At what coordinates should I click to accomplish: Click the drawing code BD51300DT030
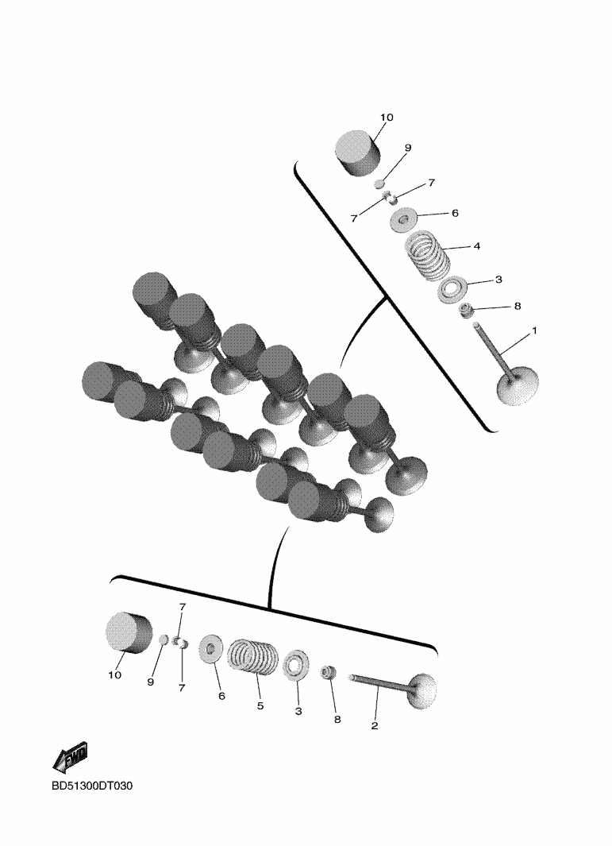coord(92,786)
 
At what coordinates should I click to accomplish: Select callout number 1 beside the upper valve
coord(534,330)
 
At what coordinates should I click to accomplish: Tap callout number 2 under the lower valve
coord(375,726)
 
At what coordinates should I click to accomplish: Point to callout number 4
coord(476,246)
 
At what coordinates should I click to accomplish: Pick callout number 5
coord(260,705)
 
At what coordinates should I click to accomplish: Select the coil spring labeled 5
coord(253,657)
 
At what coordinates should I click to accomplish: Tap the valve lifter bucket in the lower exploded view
coord(128,634)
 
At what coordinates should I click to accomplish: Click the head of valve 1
coord(517,385)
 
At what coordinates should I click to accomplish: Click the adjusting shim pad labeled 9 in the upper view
coord(380,183)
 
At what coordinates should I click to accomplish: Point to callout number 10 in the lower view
coord(115,674)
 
